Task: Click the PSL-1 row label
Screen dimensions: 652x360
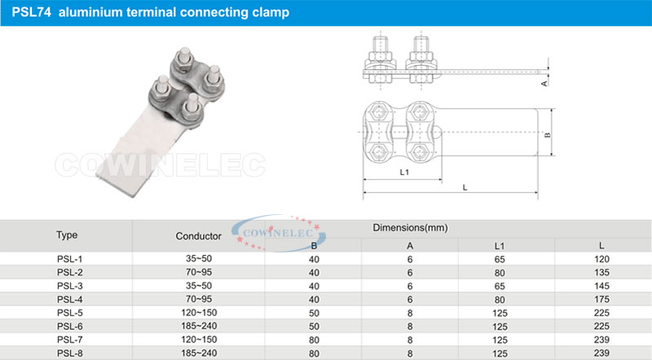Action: tap(70, 259)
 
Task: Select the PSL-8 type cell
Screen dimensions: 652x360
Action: tap(70, 353)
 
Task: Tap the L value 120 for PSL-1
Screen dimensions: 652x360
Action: tap(601, 259)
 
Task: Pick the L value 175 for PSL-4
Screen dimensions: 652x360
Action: tap(601, 299)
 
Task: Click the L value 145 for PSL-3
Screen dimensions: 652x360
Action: tap(601, 286)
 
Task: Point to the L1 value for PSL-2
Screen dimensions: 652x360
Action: tap(500, 273)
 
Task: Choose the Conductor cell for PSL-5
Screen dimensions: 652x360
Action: tap(199, 313)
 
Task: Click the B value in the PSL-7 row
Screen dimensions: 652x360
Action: tap(314, 340)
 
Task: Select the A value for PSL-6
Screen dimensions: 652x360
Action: tap(410, 327)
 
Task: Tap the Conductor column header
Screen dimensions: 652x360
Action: tap(198, 236)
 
